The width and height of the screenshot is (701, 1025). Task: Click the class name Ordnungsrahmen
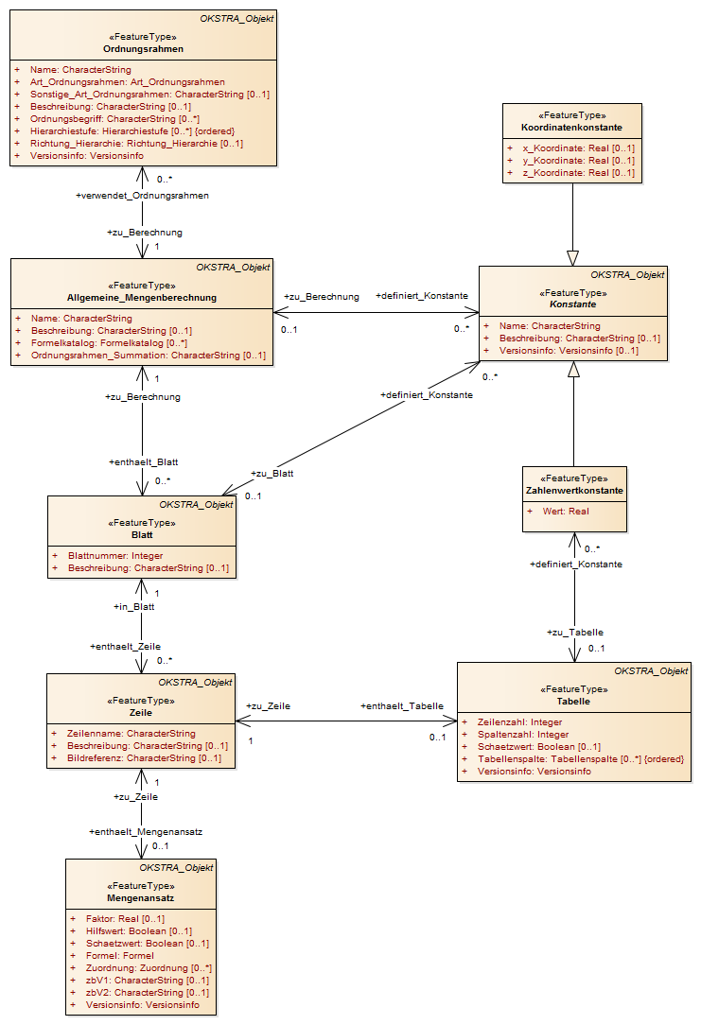coord(143,49)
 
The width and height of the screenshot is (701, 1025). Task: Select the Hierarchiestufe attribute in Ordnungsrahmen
coord(132,131)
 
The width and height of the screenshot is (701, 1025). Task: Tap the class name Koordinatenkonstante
coord(571,128)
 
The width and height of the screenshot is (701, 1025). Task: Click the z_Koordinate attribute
coord(578,173)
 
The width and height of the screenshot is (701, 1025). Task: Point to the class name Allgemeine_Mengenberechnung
coord(142,298)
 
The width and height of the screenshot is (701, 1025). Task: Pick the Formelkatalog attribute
coord(109,343)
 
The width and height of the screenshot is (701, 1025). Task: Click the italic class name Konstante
coord(573,304)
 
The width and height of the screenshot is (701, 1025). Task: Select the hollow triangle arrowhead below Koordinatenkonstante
coord(573,258)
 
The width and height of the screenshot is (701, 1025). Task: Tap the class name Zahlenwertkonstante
coord(575,491)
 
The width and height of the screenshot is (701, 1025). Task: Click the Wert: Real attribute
coord(566,512)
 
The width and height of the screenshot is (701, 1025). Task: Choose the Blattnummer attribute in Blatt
coord(115,556)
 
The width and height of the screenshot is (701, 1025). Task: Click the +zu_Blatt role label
coord(272,474)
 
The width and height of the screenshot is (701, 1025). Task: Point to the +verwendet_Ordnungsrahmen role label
coord(143,196)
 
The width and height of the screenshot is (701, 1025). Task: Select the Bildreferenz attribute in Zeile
coord(144,758)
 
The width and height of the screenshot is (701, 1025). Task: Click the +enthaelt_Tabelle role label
coord(402,706)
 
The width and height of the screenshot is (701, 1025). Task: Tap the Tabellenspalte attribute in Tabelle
coord(581,759)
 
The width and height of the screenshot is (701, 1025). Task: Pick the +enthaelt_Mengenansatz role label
coord(146,832)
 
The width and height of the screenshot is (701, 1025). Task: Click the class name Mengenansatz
coord(141,899)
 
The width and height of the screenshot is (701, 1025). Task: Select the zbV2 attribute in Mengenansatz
coord(148,993)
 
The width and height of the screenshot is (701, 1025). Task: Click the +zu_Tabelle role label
coord(575,633)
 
